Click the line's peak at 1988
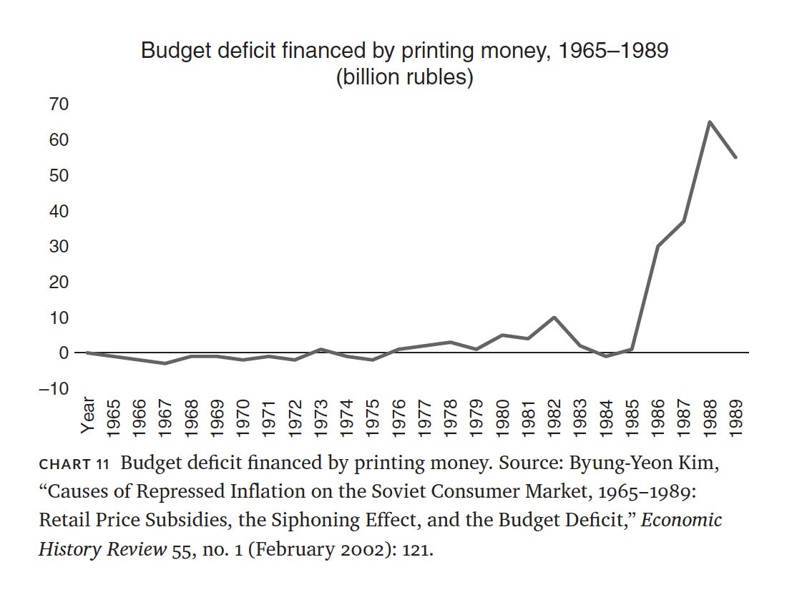coord(709,122)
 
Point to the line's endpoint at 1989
coord(735,157)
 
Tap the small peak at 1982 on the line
coord(554,317)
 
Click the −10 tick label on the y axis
coord(54,388)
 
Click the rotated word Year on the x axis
coord(87,415)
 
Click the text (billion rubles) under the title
coord(404,77)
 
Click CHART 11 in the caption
coord(73,463)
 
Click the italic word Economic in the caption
coord(682,519)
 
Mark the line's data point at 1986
coord(657,246)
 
